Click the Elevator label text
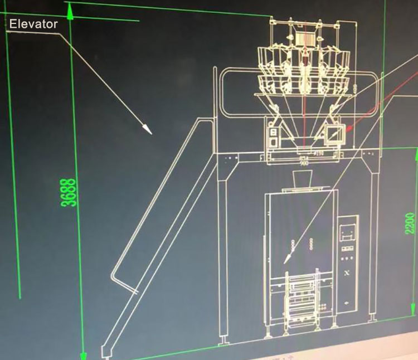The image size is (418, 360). tap(33, 25)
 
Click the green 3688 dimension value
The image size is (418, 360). tap(70, 192)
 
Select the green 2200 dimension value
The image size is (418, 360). tap(410, 223)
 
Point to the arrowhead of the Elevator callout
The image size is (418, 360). tap(148, 131)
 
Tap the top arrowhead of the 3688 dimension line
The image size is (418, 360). tap(69, 8)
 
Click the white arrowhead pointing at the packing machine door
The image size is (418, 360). tap(288, 259)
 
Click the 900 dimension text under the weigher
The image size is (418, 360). tap(304, 163)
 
